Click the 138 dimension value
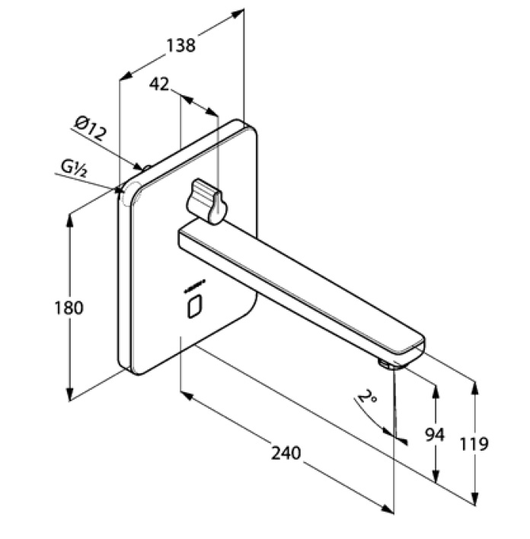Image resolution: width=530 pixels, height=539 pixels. pos(180,45)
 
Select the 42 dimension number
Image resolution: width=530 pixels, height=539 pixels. pos(158,84)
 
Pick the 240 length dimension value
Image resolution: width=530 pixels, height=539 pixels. pos(286,453)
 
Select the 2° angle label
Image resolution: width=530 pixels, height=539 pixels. pos(368,397)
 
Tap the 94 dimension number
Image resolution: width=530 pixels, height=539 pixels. pos(434,435)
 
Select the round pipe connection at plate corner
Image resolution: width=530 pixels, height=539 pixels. pos(129,188)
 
